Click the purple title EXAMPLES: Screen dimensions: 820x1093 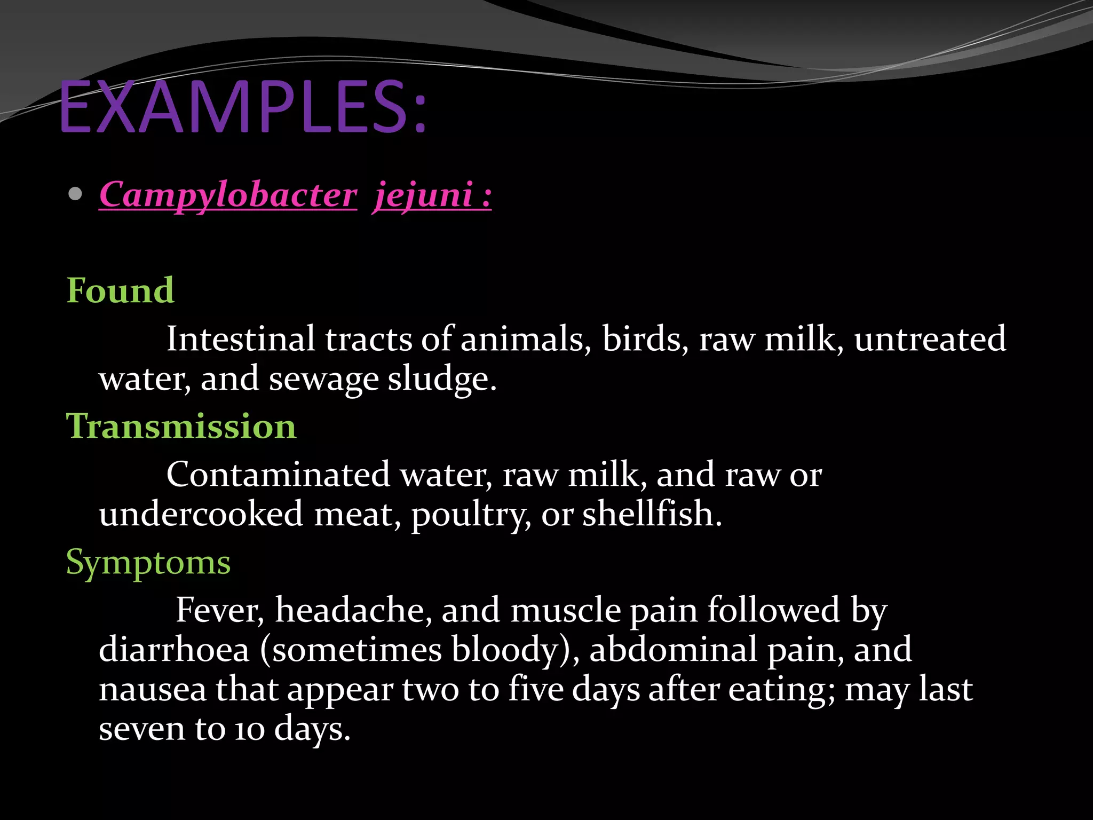pos(243,107)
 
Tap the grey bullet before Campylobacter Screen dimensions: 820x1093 pos(75,194)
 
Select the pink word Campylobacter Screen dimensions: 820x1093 pos(228,195)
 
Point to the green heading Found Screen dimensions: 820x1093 pos(120,291)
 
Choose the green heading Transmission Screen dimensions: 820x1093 pos(181,427)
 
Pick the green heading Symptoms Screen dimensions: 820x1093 pos(148,563)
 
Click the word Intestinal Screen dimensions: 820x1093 pos(241,339)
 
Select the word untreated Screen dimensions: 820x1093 pos(930,339)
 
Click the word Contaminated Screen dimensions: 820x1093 pos(278,475)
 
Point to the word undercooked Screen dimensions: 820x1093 pos(201,514)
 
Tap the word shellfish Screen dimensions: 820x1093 pos(652,514)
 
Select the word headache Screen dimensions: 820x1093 pos(353,610)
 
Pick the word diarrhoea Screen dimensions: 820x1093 pos(175,650)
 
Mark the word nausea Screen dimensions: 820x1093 pos(153,689)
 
